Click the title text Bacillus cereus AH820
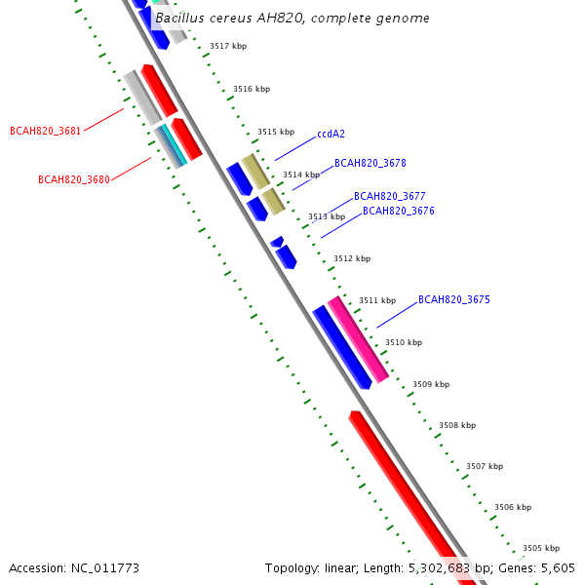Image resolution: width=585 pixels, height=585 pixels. pos(292,19)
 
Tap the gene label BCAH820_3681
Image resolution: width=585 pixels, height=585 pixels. pos(45,131)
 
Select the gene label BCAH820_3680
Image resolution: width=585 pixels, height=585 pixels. pos(73,179)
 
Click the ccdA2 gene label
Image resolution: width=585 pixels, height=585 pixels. pos(332,135)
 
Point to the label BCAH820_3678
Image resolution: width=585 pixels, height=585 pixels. pos(370,164)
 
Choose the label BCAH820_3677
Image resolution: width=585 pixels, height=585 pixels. pos(389,196)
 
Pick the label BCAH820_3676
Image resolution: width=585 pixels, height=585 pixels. pos(399,211)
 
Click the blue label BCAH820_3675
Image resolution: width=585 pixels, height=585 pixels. pos(454,299)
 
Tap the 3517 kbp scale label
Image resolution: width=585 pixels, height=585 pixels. pos(228,46)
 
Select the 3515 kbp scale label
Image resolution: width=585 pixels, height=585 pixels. pos(276,132)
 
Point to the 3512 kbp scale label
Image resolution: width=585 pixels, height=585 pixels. pos(352,258)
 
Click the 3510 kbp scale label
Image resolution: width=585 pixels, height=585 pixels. pos(404,342)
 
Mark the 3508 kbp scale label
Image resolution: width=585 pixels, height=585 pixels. pos(457,425)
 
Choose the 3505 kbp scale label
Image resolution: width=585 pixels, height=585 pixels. pos(540,548)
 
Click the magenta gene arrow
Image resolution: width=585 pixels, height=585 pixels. pos(358,338)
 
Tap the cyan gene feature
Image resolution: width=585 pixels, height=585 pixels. pos(172,145)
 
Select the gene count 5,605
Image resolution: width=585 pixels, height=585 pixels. pos(558,567)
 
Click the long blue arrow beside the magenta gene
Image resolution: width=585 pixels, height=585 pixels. pos(341,347)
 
